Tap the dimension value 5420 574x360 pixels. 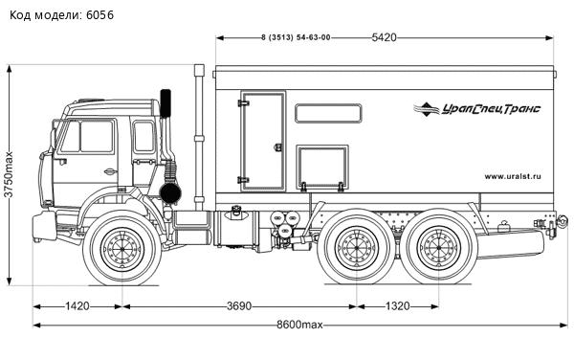[x=384, y=37]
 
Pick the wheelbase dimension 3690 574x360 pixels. [x=239, y=306]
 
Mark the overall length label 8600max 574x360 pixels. [x=298, y=326]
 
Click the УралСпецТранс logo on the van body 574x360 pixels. [x=477, y=109]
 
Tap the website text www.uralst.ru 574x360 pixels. [x=513, y=175]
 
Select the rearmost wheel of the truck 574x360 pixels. [x=439, y=252]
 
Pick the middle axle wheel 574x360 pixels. [x=358, y=252]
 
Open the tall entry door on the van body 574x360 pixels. [x=262, y=141]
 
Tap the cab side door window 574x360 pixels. [x=96, y=137]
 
